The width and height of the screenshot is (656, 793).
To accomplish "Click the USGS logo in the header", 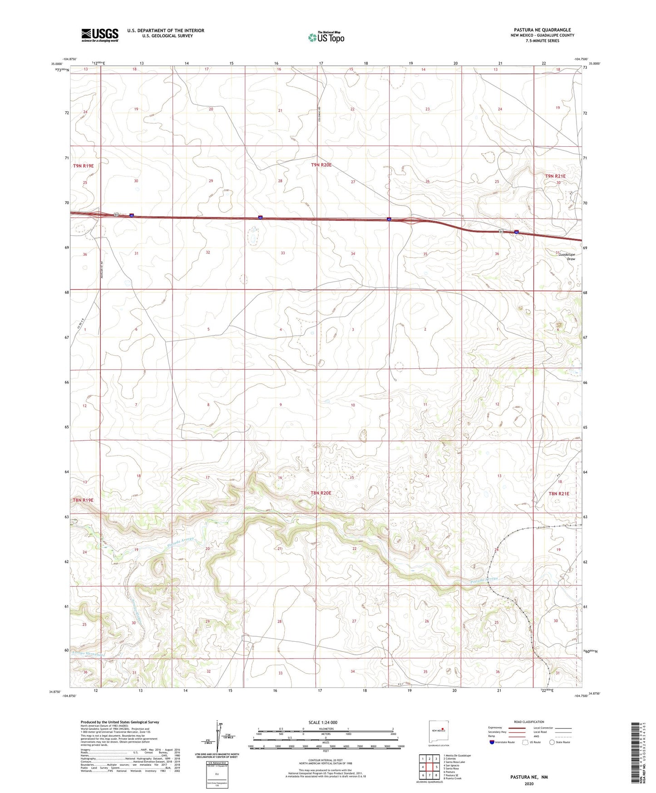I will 100,35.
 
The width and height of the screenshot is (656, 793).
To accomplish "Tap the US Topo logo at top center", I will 326,37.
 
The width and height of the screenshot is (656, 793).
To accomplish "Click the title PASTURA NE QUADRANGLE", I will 536,30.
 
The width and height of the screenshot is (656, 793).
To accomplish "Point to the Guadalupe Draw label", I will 567,257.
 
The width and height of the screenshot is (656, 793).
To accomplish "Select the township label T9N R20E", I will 321,165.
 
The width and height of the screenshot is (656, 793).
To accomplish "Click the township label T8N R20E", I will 321,493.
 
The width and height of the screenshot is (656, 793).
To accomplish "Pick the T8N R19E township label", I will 83,500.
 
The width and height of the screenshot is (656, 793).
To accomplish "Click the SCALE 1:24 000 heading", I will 323,723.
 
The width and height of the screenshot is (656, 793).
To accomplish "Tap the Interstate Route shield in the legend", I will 492,742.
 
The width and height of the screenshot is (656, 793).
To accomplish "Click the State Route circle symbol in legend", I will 552,742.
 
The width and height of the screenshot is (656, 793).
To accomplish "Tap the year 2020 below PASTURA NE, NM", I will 528,783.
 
